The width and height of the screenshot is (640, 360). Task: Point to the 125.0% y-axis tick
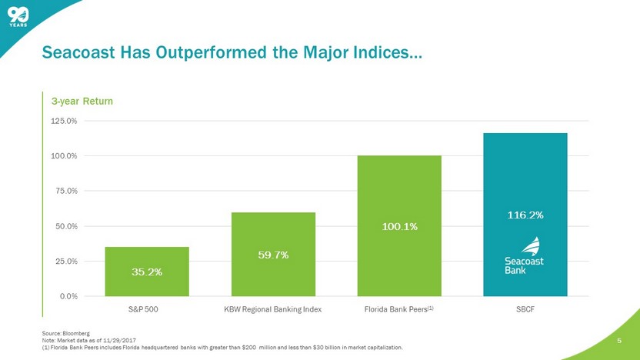(64, 121)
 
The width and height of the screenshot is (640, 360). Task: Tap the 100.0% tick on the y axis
(64, 156)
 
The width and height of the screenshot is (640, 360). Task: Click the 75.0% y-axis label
(65, 191)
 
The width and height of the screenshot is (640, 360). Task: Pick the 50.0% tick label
(65, 226)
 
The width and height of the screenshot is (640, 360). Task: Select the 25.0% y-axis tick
(65, 261)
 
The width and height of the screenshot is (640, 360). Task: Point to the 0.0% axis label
(68, 296)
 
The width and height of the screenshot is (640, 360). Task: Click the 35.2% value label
(147, 272)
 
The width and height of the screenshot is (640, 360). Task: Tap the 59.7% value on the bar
(273, 255)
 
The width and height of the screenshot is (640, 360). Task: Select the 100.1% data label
(399, 226)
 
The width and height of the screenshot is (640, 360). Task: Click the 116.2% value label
(525, 215)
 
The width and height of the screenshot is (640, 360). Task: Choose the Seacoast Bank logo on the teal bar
(524, 256)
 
